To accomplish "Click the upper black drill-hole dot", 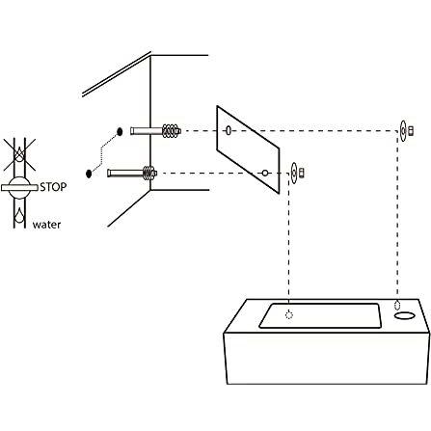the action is coord(119,129).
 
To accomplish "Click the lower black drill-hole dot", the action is coord(90,173).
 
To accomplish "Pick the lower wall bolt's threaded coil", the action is coord(149,174).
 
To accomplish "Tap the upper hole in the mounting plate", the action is coord(228,130).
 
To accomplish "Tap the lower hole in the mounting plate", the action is coord(263,173).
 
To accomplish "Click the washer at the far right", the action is coord(403,130).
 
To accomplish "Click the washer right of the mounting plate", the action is coord(294,174).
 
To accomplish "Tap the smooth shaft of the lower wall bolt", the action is coord(124,174).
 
